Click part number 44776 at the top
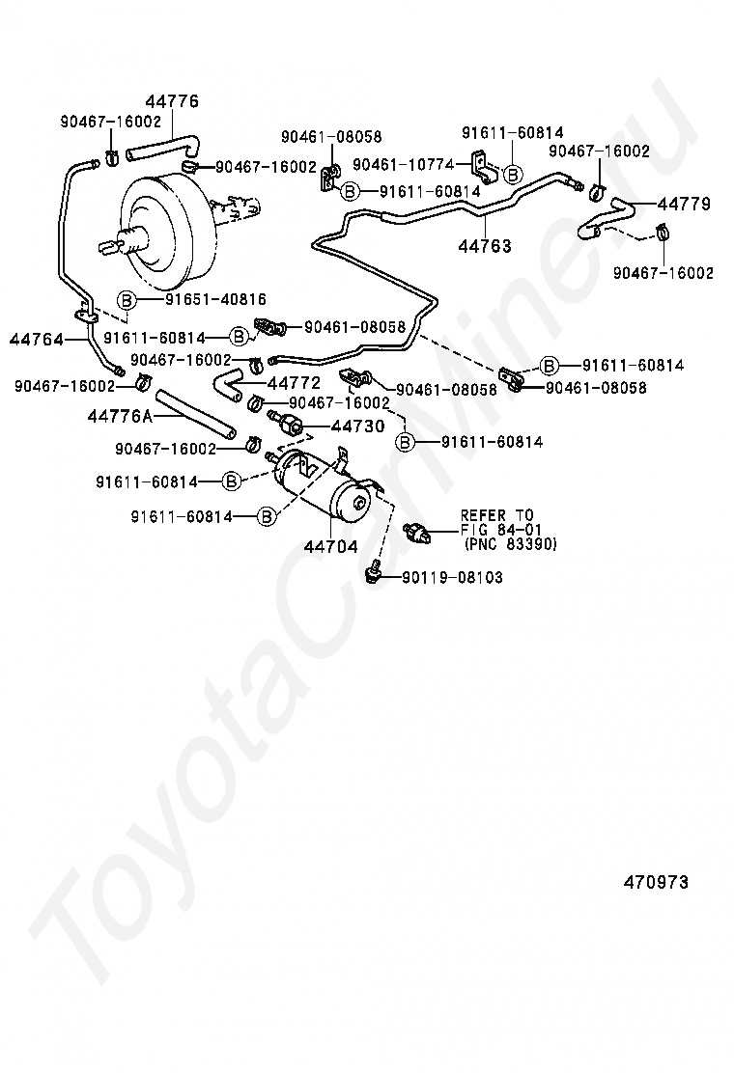point(173,101)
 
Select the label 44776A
point(120,416)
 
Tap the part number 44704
point(331,546)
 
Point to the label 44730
point(357,426)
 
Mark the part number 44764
point(36,339)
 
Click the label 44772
point(294,383)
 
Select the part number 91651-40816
point(215,300)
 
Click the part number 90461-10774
point(404,165)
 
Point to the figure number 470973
point(656,882)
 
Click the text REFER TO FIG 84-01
point(496,522)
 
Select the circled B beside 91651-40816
point(127,300)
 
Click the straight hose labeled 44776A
point(193,412)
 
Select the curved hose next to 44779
point(603,217)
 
